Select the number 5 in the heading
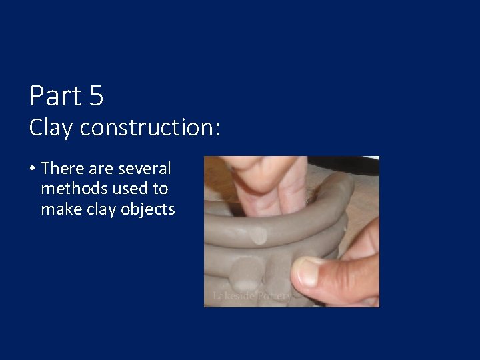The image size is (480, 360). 95,96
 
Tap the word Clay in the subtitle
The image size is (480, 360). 51,127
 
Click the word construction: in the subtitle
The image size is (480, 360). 149,127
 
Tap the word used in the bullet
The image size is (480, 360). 128,189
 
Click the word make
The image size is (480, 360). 60,209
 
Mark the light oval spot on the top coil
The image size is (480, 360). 258,235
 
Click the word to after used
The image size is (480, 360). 157,189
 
